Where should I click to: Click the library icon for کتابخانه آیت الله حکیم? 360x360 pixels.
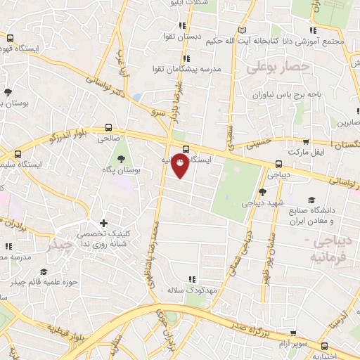coord(242,30)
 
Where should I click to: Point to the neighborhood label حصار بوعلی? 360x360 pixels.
coord(278,66)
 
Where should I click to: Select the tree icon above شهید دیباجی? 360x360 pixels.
coord(262,191)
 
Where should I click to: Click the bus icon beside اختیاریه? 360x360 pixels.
coord(325,345)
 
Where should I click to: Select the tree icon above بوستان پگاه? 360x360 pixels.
coord(121,158)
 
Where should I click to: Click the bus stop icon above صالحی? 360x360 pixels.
coord(108,128)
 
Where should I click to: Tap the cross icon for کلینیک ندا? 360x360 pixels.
coord(103,224)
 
